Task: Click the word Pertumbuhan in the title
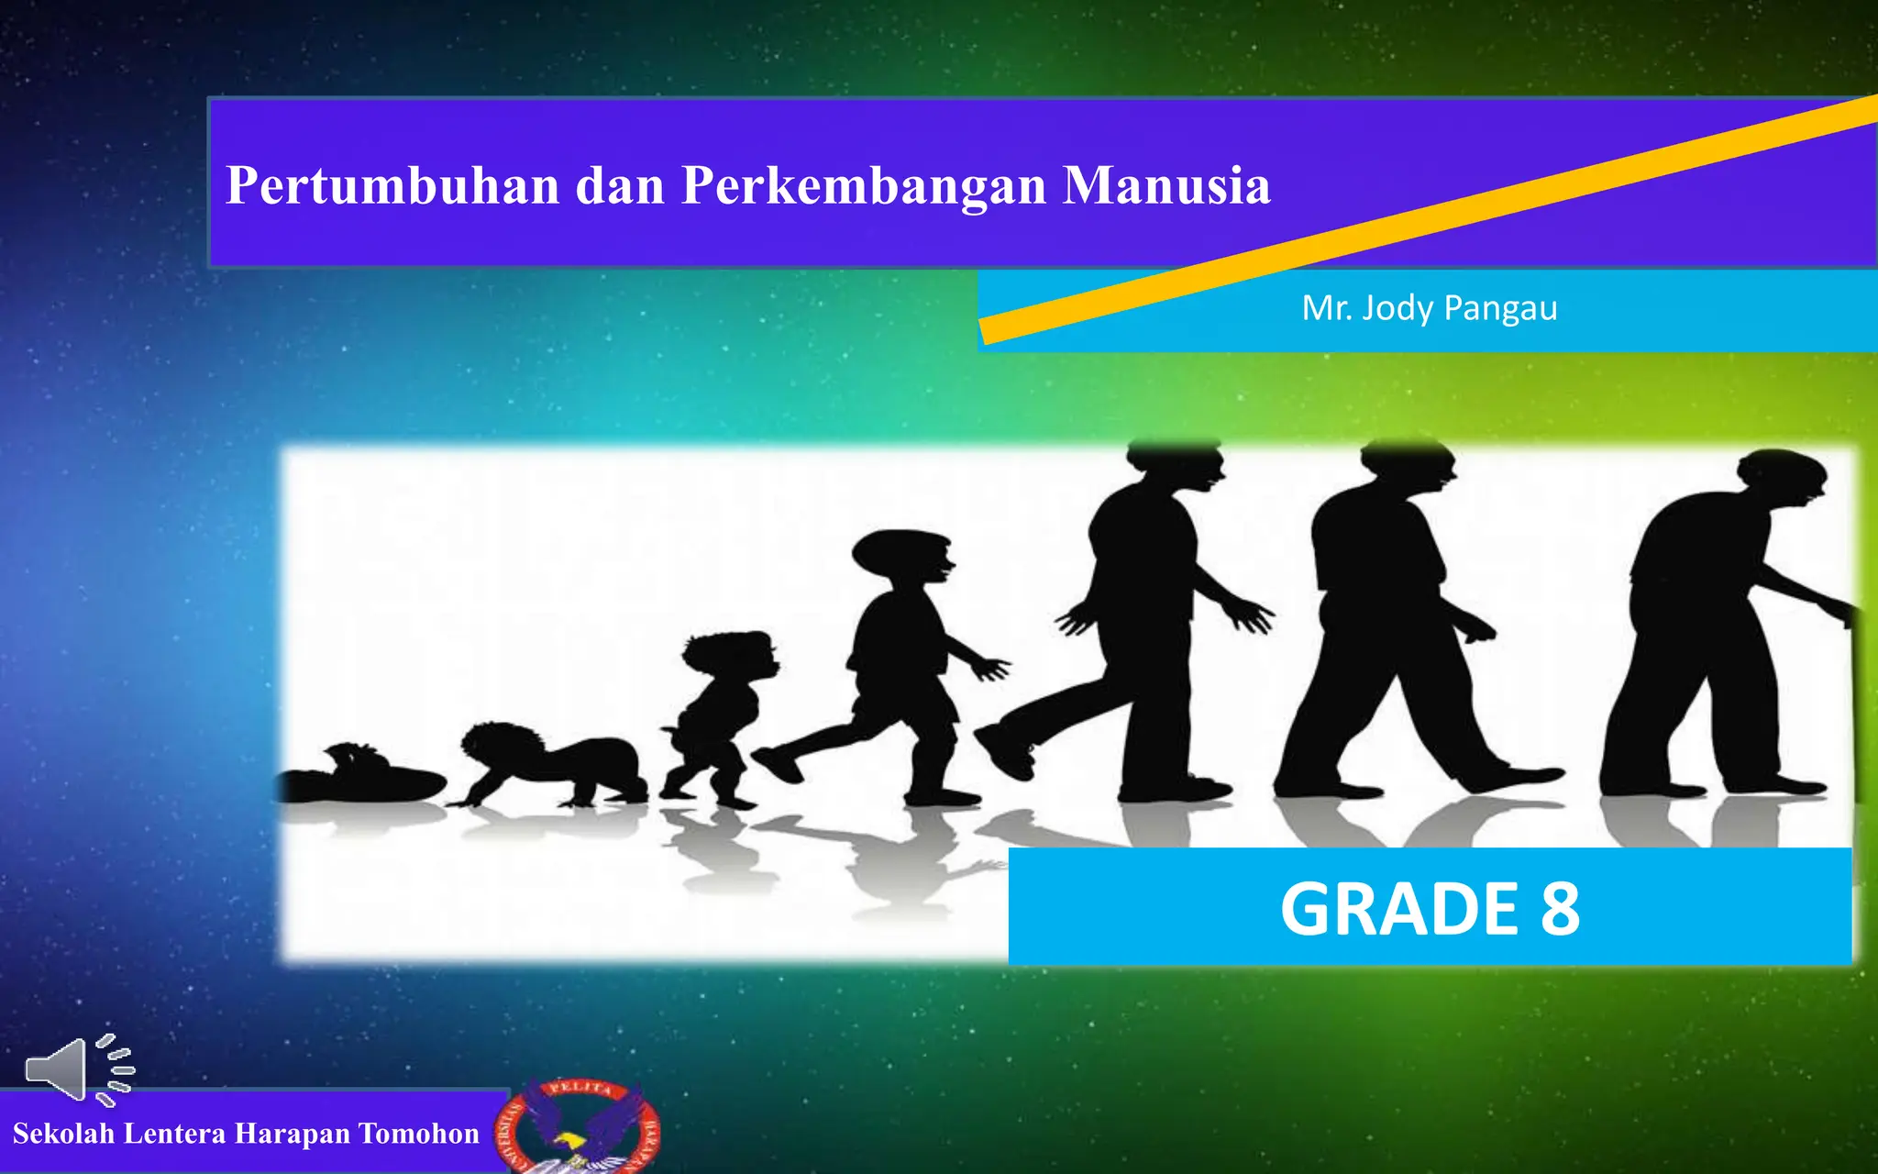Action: (392, 186)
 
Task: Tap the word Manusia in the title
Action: (1166, 186)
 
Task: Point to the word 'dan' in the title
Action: (620, 186)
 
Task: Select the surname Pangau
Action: (1500, 308)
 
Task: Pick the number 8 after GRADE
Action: (1560, 909)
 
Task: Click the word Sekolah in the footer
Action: (64, 1134)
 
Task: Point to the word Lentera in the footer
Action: (174, 1134)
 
